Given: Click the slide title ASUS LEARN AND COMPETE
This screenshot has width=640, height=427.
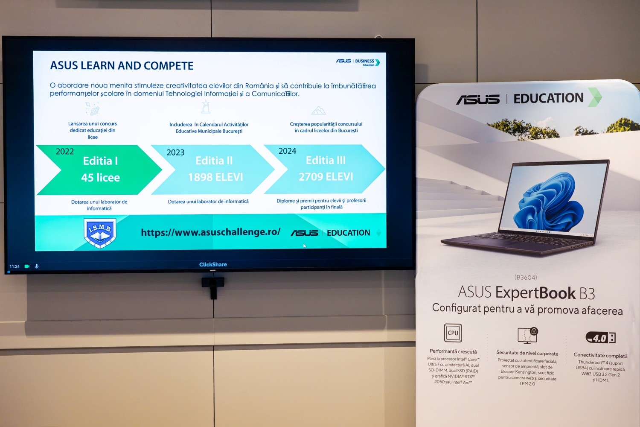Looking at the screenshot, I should (x=122, y=66).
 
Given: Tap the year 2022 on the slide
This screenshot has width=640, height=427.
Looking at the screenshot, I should (x=65, y=152).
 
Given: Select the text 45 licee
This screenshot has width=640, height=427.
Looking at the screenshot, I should (x=101, y=178).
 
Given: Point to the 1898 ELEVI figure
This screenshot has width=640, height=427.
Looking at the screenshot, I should (x=215, y=177).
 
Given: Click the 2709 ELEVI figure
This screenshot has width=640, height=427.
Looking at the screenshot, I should (x=326, y=177).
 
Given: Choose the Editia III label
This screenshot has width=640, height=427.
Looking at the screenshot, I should (x=326, y=160).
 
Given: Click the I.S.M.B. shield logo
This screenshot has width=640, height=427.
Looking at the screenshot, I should (x=100, y=232).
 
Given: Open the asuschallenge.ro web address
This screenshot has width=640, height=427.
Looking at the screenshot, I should (x=211, y=232).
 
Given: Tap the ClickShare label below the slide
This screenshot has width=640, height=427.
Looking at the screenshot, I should (x=213, y=265).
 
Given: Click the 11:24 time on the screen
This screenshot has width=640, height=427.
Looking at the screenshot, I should (x=15, y=266).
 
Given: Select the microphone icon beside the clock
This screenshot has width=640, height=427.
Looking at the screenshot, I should (x=37, y=266).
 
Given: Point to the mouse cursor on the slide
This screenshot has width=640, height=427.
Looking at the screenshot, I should (x=305, y=246).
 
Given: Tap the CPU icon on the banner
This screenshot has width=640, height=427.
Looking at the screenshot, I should (x=453, y=333).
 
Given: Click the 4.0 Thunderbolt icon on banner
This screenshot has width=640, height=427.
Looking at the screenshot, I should (x=600, y=338).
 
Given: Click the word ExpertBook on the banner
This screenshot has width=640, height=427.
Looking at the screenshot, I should (x=535, y=293).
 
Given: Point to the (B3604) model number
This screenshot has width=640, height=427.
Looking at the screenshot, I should (x=526, y=278).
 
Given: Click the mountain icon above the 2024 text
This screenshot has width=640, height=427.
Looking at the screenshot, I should (x=318, y=111).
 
